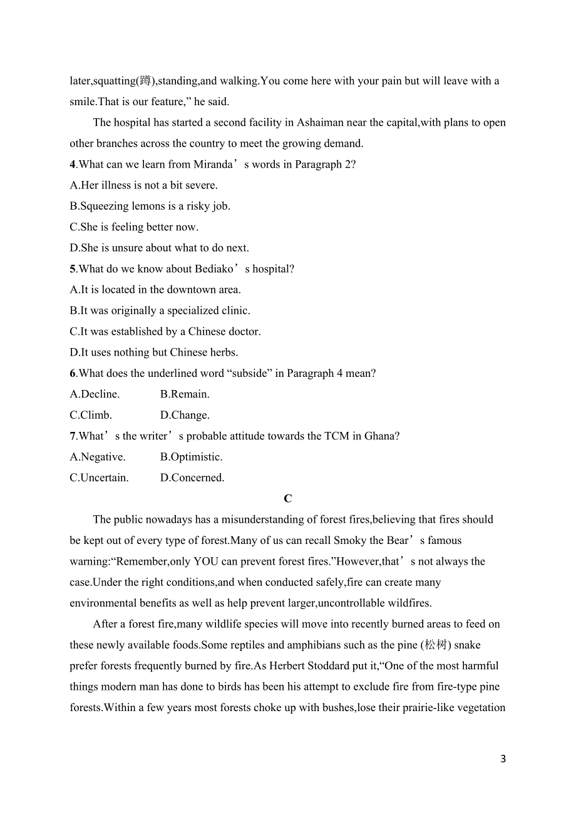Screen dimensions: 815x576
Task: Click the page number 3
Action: [x=503, y=759]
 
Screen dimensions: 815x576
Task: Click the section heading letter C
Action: [x=287, y=499]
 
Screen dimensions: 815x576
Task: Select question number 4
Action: [x=73, y=165]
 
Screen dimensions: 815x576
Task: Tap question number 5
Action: [x=73, y=269]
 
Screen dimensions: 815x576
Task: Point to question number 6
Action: [x=73, y=374]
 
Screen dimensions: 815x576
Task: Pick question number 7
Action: [x=73, y=436]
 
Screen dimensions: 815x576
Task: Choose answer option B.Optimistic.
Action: [x=191, y=457]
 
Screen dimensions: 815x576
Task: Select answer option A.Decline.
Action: [x=95, y=394]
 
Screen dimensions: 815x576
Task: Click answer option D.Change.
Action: [x=185, y=415]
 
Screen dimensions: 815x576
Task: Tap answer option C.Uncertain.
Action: [x=99, y=478]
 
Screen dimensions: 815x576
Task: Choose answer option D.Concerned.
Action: [x=192, y=478]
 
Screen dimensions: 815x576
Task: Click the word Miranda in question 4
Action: [x=203, y=165]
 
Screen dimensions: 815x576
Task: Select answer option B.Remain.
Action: [x=185, y=394]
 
